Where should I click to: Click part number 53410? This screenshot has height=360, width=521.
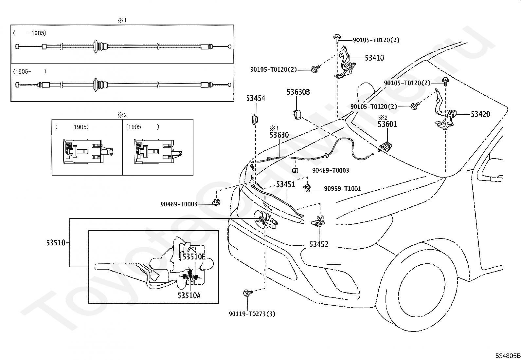pos(374,58)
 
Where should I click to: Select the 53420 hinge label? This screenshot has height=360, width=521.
pos(480,114)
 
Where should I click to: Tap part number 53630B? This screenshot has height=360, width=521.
pos(298,92)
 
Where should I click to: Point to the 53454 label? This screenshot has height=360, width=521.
pos(256,98)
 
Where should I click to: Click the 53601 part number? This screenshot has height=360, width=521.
pos(387,124)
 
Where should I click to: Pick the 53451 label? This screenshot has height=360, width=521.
pos(285,184)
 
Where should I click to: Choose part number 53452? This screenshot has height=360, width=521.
pos(319,244)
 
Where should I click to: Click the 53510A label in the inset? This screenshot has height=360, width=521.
pos(189,295)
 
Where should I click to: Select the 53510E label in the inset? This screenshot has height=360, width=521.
pos(194,256)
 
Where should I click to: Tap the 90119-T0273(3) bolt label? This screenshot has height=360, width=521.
pos(252,314)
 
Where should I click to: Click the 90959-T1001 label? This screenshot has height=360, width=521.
pos(342,189)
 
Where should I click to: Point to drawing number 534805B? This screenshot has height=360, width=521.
pos(507,356)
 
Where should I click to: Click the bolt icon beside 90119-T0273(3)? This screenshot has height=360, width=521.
pos(247,293)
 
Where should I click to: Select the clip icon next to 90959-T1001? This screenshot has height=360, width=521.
pos(307,188)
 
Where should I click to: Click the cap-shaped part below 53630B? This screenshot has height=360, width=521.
pos(296,115)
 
